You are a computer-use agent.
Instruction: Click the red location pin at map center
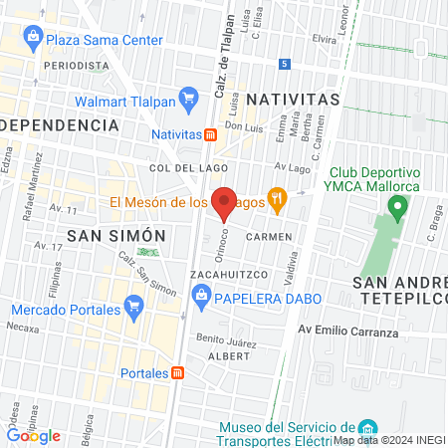pyautogui.click(x=225, y=202)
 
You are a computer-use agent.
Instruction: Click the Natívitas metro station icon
pyautogui.click(x=210, y=134)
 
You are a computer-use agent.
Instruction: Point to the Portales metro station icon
pyautogui.click(x=177, y=372)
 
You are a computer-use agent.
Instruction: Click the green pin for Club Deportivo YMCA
pyautogui.click(x=398, y=208)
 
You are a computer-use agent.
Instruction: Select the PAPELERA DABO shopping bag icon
pyautogui.click(x=202, y=295)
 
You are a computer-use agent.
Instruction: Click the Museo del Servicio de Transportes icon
pyautogui.click(x=367, y=426)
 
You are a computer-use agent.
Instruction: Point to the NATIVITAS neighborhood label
pyautogui.click(x=293, y=100)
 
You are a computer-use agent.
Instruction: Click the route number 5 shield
pyautogui.click(x=285, y=64)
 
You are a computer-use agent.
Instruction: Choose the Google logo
pyautogui.click(x=34, y=435)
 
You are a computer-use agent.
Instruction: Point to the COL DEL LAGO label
pyautogui.click(x=177, y=169)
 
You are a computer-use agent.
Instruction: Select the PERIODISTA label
pyautogui.click(x=75, y=65)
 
